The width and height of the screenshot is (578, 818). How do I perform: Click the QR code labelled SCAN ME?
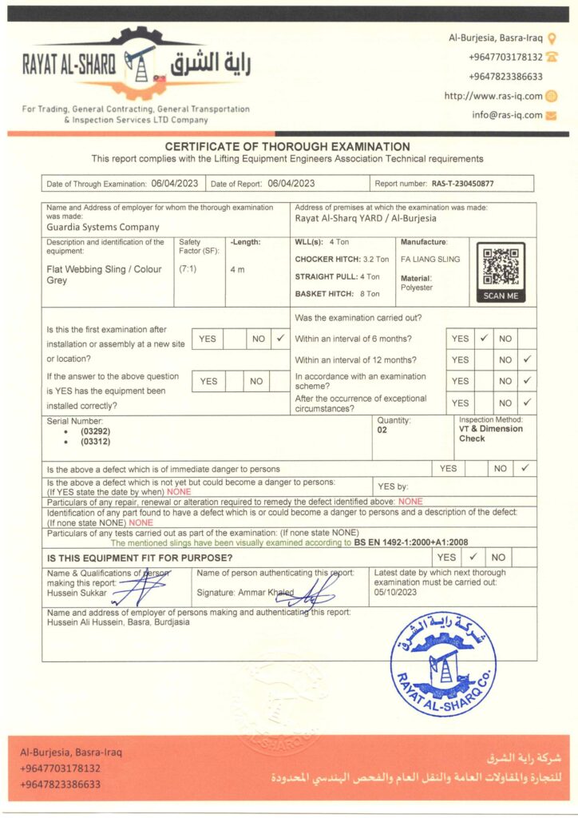tap(501, 268)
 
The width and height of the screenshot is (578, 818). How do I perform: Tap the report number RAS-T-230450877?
tap(462, 184)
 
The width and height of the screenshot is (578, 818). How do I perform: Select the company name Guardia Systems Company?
tap(103, 228)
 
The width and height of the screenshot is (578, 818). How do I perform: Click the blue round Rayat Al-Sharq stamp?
tap(443, 663)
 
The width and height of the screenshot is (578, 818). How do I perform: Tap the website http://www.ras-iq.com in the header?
tap(493, 96)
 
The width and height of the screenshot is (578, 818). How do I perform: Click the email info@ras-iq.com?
tap(506, 115)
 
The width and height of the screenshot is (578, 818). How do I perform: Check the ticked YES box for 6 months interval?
tap(484, 339)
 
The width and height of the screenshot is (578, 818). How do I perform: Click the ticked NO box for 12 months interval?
tap(527, 360)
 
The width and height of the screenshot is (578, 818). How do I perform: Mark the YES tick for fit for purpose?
tap(473, 557)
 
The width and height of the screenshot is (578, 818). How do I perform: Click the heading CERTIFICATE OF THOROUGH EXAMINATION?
tap(287, 147)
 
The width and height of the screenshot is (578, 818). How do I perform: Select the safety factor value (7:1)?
tap(188, 269)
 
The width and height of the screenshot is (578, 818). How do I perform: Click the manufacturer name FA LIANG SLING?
tap(430, 260)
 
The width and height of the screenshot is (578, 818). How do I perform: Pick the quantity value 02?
tap(382, 429)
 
